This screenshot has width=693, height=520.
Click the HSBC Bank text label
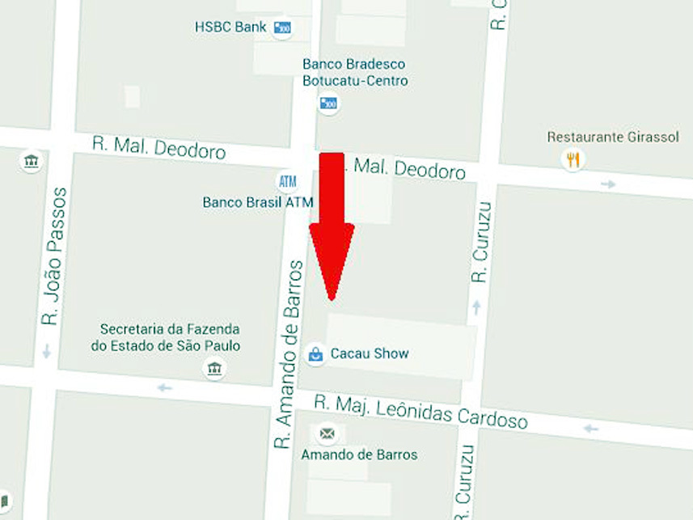click(x=230, y=27)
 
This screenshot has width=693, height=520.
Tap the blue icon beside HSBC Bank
click(x=281, y=28)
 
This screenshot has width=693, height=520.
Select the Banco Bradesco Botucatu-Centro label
click(x=355, y=72)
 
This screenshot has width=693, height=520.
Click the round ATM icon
click(x=286, y=180)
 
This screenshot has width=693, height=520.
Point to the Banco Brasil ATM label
click(x=257, y=202)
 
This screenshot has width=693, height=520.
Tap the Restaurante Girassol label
click(x=613, y=137)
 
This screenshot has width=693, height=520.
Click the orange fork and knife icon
click(x=573, y=159)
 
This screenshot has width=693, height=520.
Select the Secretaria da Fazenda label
click(x=170, y=337)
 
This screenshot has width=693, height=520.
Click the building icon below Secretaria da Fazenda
click(x=214, y=370)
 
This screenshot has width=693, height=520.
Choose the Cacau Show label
click(x=370, y=353)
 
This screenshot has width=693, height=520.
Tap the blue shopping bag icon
click(x=315, y=354)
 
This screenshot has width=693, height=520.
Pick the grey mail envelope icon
click(x=327, y=434)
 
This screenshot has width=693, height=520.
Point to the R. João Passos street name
click(x=54, y=256)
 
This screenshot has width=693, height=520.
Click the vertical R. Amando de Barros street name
click(x=289, y=354)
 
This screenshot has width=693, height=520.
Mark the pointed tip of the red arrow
click(x=331, y=299)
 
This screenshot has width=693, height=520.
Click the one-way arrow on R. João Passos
click(x=47, y=351)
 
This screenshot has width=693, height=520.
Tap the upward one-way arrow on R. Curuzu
click(x=476, y=307)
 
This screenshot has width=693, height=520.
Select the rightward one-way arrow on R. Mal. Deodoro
click(x=608, y=184)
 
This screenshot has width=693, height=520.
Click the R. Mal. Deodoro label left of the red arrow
click(x=158, y=147)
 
